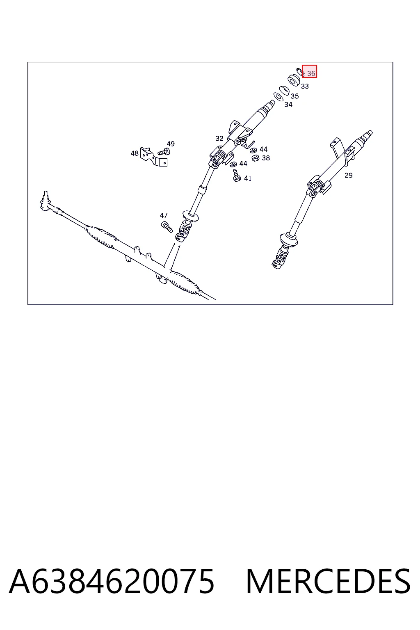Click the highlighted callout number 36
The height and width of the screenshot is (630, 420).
click(x=311, y=73)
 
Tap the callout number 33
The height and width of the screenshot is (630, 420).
click(x=305, y=86)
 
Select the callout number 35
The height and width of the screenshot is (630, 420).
click(x=294, y=96)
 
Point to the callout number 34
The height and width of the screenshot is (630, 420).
click(x=288, y=105)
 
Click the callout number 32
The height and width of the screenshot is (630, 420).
click(x=219, y=138)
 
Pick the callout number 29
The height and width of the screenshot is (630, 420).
click(x=349, y=175)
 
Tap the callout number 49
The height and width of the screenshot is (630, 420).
click(x=171, y=144)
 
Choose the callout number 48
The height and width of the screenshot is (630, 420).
click(x=135, y=153)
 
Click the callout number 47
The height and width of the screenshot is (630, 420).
click(x=164, y=215)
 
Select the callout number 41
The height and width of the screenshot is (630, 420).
click(x=248, y=178)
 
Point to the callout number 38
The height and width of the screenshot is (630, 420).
click(x=266, y=158)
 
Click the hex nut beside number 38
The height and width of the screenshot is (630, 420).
click(x=255, y=158)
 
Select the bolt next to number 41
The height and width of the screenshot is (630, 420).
click(x=237, y=176)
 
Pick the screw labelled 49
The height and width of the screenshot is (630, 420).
click(x=164, y=152)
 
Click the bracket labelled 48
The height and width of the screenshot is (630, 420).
click(x=153, y=157)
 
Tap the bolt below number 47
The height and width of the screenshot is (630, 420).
click(x=167, y=227)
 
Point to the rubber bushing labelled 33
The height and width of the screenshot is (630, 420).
click(x=294, y=80)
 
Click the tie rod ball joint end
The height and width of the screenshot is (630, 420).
click(x=46, y=200)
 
